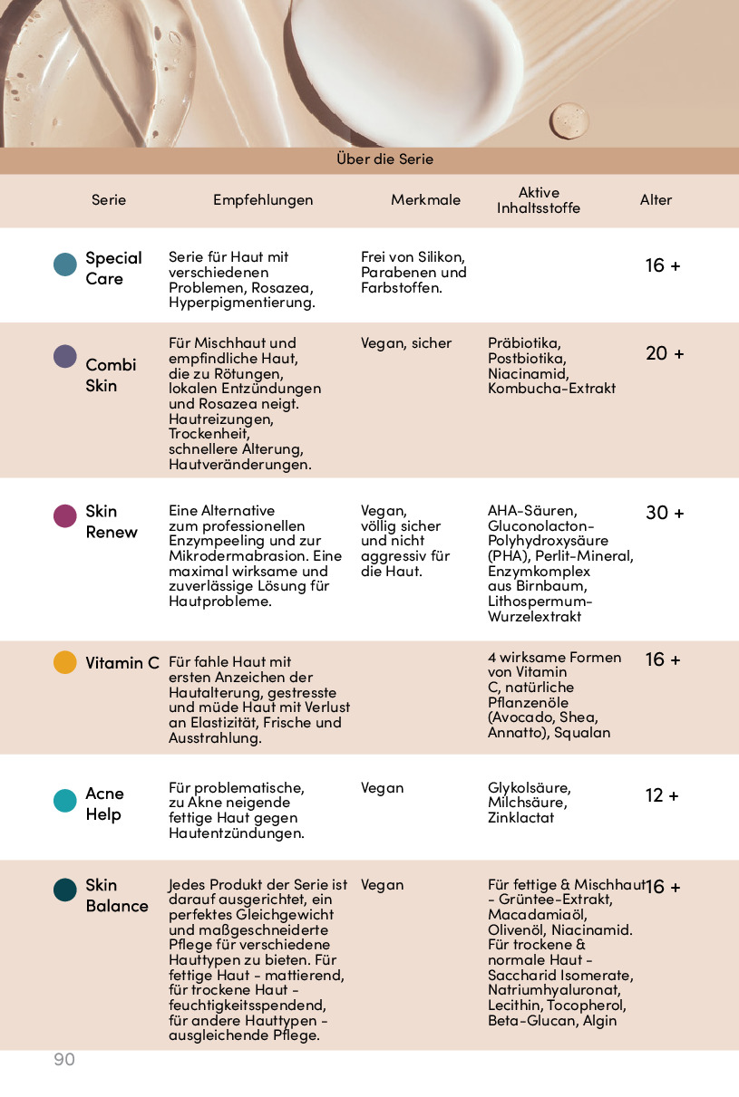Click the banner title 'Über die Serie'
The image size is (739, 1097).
tap(384, 159)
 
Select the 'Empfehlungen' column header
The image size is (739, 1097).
tap(263, 200)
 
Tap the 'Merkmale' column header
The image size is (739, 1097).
tap(425, 200)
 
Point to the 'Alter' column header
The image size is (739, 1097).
tap(656, 200)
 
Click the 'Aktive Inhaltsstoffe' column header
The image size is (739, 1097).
tap(538, 200)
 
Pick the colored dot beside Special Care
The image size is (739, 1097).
tap(65, 265)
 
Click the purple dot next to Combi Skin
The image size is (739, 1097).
tap(65, 356)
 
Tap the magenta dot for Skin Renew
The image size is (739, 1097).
tap(65, 516)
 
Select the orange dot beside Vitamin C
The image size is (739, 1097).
tap(65, 662)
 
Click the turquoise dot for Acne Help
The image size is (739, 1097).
tap(65, 801)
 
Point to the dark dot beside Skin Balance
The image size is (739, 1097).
tap(65, 890)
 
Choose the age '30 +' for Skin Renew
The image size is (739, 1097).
tap(665, 513)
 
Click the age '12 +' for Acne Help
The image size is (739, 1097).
tap(662, 796)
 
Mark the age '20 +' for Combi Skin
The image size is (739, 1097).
tap(665, 353)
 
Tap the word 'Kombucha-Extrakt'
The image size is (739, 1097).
tap(551, 389)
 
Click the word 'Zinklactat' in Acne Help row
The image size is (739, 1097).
tap(520, 818)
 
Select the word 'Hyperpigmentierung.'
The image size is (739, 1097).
tap(241, 303)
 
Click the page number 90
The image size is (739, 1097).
tap(64, 1060)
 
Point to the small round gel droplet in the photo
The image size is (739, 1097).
tap(569, 120)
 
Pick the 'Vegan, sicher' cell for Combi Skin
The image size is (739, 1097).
tap(405, 343)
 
